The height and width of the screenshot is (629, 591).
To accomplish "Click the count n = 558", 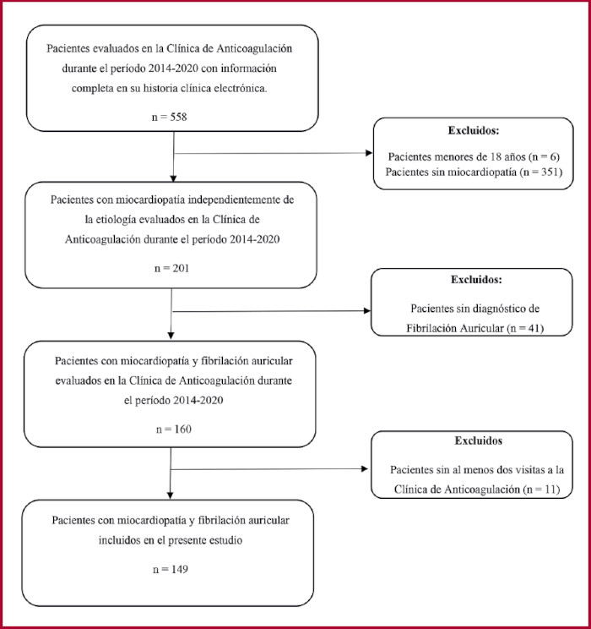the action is click(170, 118).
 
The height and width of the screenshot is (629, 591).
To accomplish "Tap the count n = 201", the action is click(172, 268).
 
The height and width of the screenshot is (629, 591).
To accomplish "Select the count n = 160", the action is click(174, 429).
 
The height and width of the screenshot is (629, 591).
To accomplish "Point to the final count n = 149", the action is click(171, 569).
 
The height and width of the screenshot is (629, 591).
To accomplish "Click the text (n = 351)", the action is click(541, 172).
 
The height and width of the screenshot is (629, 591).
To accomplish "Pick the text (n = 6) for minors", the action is click(544, 157).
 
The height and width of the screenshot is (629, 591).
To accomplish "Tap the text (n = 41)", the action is click(525, 329).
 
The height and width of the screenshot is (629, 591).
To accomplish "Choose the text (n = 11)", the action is click(541, 490).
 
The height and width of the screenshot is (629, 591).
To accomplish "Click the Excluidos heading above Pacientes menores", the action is click(474, 131).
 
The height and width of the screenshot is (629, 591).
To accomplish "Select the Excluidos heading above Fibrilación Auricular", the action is click(476, 280).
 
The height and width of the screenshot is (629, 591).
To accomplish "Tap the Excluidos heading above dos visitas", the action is click(479, 440).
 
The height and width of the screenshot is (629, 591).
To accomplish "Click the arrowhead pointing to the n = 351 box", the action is click(369, 153).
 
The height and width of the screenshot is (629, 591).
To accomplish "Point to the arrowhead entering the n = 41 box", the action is click(367, 310).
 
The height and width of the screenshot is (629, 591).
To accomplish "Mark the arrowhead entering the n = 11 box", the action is click(365, 468).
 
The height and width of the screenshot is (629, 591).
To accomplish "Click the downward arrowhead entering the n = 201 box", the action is click(173, 178).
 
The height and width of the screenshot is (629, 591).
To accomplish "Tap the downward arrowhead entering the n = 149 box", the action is click(170, 495).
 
